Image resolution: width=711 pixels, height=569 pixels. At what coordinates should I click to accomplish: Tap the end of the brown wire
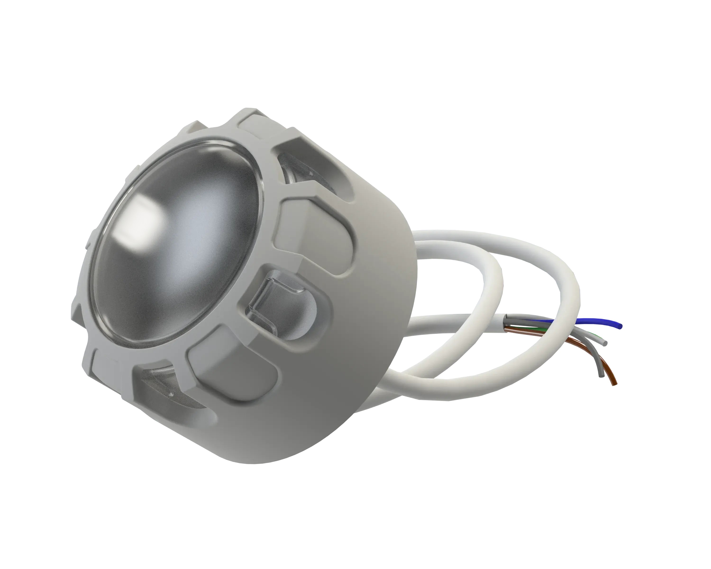(x=614, y=384)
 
